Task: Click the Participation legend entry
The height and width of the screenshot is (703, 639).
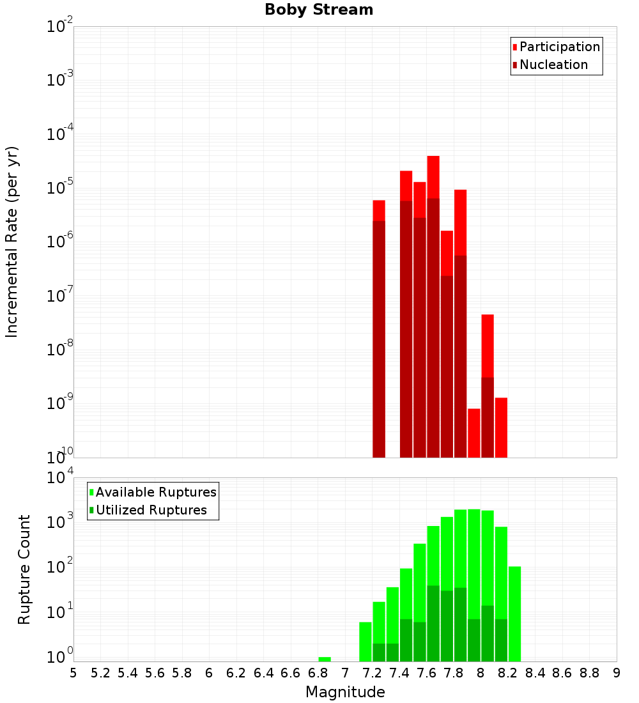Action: click(559, 47)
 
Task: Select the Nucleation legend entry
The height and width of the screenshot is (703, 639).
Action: click(553, 65)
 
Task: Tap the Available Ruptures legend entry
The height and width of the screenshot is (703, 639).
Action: click(155, 492)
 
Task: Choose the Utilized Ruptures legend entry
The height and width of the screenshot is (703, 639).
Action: click(151, 510)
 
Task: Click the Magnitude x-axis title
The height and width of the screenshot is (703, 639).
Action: click(345, 692)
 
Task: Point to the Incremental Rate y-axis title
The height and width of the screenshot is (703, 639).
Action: click(12, 242)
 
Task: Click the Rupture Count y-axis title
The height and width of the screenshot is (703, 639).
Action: click(24, 569)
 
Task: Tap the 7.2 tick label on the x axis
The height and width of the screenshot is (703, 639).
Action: click(372, 673)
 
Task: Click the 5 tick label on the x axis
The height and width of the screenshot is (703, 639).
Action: click(73, 673)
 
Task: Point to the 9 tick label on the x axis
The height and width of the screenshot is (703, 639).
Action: click(617, 673)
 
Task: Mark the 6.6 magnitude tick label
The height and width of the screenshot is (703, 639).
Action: click(290, 673)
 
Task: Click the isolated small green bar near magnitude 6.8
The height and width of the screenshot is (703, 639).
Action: click(325, 659)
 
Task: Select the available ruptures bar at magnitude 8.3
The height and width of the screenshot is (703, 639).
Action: click(514, 614)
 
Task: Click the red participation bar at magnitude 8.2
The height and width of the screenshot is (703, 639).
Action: click(501, 428)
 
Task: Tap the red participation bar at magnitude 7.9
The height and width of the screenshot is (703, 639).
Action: click(473, 433)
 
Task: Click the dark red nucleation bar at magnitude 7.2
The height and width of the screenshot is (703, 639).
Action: click(379, 339)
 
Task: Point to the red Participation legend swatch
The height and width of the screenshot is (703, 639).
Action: click(514, 47)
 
